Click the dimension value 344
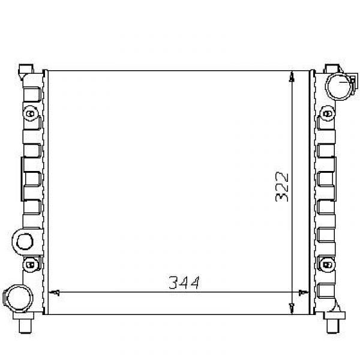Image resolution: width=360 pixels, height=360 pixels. coord(184,283)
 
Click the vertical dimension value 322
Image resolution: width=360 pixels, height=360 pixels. coord(282,187)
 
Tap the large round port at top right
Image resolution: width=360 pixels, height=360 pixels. coord(339,86)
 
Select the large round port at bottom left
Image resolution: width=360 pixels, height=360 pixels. coord(18,298)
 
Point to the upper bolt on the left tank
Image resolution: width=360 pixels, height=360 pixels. coord(31,113)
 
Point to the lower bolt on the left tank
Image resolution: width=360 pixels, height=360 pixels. coord(31,265)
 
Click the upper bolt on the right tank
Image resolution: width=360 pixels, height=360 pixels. coord(328,113)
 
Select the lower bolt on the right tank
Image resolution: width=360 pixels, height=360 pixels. coord(327,265)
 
